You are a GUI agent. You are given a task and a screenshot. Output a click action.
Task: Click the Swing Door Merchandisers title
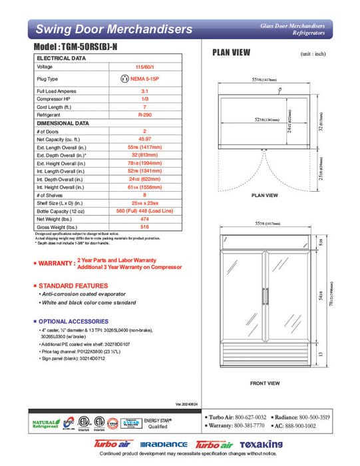(114, 29)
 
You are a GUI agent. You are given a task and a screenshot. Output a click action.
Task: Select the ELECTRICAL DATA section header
(61, 59)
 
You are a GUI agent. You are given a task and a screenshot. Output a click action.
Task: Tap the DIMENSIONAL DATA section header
(63, 123)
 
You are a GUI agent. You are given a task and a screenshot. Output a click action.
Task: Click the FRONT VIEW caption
(264, 383)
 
